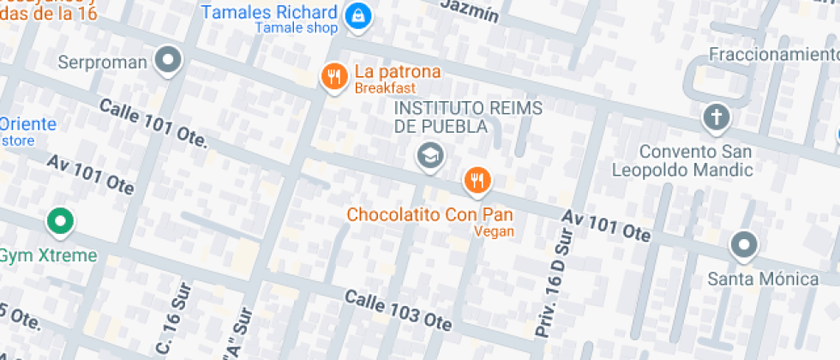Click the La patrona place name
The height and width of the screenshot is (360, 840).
click(398, 72)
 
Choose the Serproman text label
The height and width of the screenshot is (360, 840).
click(103, 63)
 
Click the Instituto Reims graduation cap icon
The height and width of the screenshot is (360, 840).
click(429, 155)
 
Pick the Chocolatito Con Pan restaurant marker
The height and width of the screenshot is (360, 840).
click(477, 180)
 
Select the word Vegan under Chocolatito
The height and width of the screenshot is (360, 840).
click(494, 231)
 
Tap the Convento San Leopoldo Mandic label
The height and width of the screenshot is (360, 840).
click(682, 159)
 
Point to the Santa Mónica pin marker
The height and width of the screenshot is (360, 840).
click(743, 246)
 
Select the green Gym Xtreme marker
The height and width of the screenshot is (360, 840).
click(59, 221)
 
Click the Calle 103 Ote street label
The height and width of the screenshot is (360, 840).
click(398, 309)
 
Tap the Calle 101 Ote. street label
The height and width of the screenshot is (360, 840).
click(153, 121)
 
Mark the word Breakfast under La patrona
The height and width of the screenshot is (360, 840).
click(385, 88)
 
